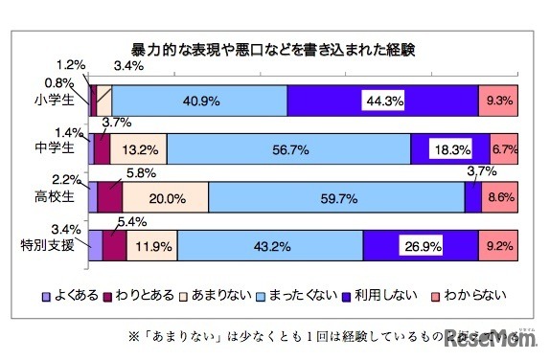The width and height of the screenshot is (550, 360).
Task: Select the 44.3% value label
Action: pyautogui.click(x=382, y=100)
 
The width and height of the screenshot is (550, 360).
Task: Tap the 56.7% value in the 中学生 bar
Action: pyautogui.click(x=288, y=149)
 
